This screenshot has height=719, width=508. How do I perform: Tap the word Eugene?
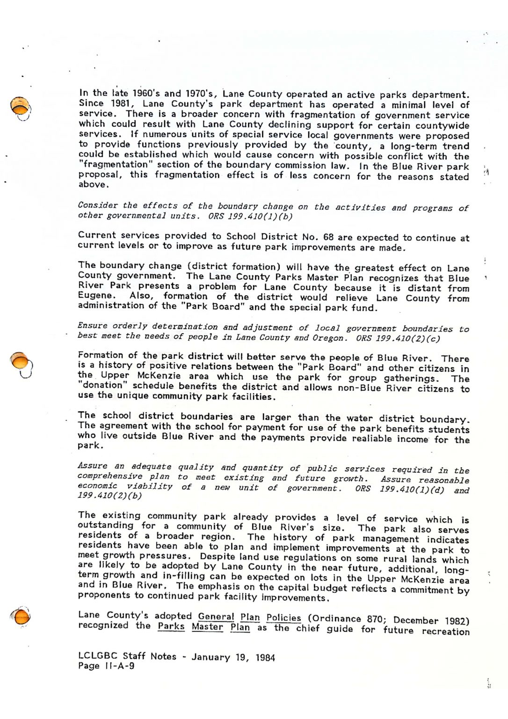coord(96,296)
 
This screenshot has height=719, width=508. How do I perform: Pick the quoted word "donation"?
coord(102,386)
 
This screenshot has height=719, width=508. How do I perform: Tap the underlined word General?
coord(216,616)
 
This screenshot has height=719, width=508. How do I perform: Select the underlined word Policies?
coord(284,618)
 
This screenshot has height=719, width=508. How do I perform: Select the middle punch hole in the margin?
coord(21,360)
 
